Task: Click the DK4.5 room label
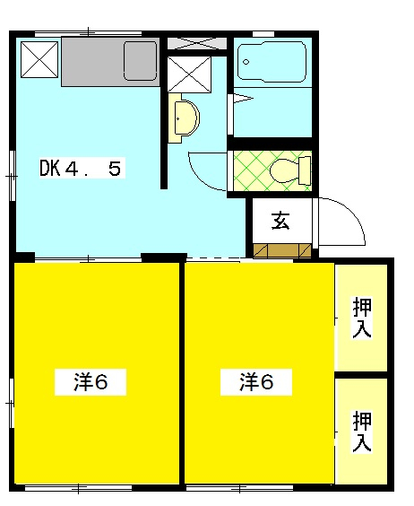[80, 168]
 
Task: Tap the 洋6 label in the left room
[91, 382]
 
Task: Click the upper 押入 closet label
[362, 317]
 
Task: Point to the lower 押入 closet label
[362, 431]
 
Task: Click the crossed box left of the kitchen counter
[39, 61]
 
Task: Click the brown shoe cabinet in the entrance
[280, 250]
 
